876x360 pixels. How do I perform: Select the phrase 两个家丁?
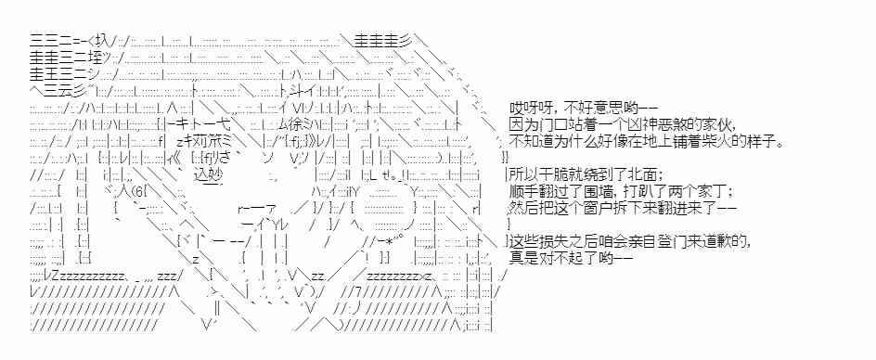(700, 192)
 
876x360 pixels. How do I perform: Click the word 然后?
(525, 209)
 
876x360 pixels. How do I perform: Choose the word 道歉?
(729, 241)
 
